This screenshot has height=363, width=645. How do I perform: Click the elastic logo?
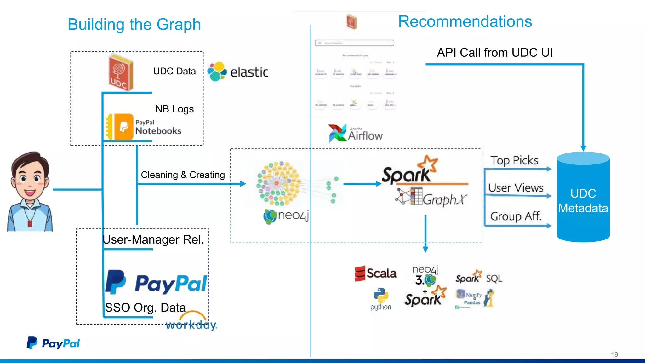(x=238, y=72)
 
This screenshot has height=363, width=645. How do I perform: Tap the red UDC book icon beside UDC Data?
(x=121, y=73)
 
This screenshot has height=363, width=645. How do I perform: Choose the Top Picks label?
(x=514, y=160)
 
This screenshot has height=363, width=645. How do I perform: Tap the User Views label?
(x=516, y=188)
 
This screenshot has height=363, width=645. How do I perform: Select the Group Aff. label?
(x=516, y=216)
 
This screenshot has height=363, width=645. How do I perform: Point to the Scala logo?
(x=375, y=273)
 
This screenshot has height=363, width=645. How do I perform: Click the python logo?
(x=381, y=299)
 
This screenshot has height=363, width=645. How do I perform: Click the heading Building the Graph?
(x=134, y=25)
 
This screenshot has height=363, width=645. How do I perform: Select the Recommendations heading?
(x=465, y=22)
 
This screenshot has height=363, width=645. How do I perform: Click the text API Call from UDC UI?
(x=494, y=53)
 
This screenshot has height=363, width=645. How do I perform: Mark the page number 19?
(x=614, y=354)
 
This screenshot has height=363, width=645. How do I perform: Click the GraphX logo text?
(x=444, y=199)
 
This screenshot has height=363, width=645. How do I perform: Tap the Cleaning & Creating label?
(x=183, y=175)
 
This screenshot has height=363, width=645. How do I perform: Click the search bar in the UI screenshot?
(x=354, y=43)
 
